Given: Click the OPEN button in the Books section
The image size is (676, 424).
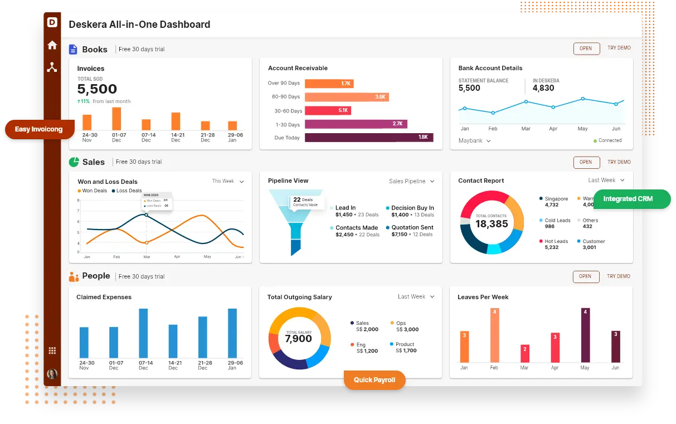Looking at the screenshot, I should coord(586,48).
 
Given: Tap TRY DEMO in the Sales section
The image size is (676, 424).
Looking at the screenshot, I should coord(619,162).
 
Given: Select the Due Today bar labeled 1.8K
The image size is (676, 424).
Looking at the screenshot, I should coord(369,138).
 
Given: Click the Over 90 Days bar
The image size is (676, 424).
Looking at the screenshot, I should coord(329,84).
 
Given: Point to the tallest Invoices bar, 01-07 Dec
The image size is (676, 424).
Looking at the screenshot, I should coord(116,119).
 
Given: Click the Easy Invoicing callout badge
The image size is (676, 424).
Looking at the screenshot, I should coord(39,129).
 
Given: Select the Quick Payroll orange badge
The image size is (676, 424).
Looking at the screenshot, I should coord(374,380).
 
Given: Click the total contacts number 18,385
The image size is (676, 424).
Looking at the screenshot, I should coord(492,224).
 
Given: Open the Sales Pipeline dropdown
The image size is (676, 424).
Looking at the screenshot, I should coord(411,181).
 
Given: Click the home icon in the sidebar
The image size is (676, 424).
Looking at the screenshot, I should coord(52,45).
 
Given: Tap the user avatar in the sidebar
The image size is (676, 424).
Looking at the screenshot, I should coord(52,374).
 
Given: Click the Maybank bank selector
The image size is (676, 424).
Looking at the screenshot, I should coord(474,141).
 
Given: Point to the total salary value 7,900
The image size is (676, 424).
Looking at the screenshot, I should coord(298,339).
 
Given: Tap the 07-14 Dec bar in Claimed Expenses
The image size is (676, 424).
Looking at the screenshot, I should coord(143,333).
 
